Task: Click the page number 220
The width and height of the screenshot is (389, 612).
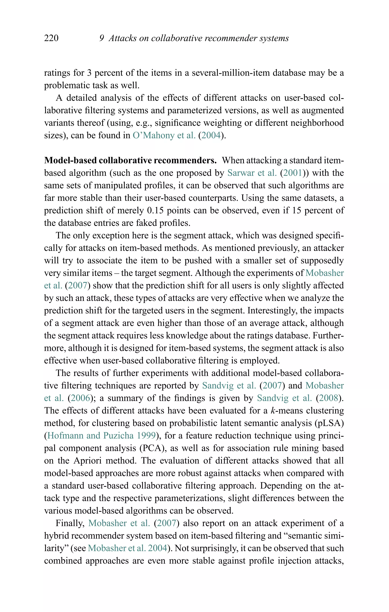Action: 51,38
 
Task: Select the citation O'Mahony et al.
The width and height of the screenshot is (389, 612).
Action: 164,135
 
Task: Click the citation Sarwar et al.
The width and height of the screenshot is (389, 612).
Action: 252,173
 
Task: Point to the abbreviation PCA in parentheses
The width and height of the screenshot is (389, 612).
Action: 152,448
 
